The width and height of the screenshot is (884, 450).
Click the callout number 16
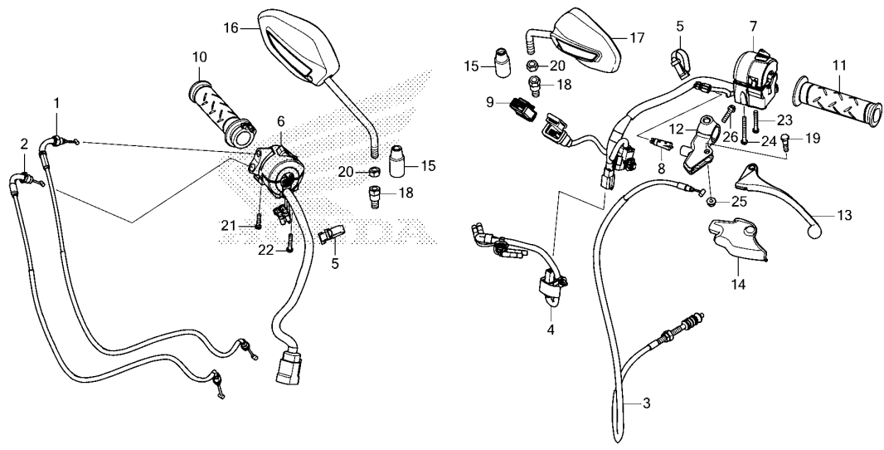coord(231,28)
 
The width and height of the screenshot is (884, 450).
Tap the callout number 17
coord(637,38)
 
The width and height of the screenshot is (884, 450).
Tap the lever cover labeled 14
coord(738,240)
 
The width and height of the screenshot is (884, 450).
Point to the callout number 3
coord(646,404)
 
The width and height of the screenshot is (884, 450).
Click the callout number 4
coord(551,330)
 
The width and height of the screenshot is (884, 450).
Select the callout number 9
coord(490,103)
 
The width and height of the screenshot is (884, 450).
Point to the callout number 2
coord(24,144)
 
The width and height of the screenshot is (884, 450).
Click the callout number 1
coord(56,103)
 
